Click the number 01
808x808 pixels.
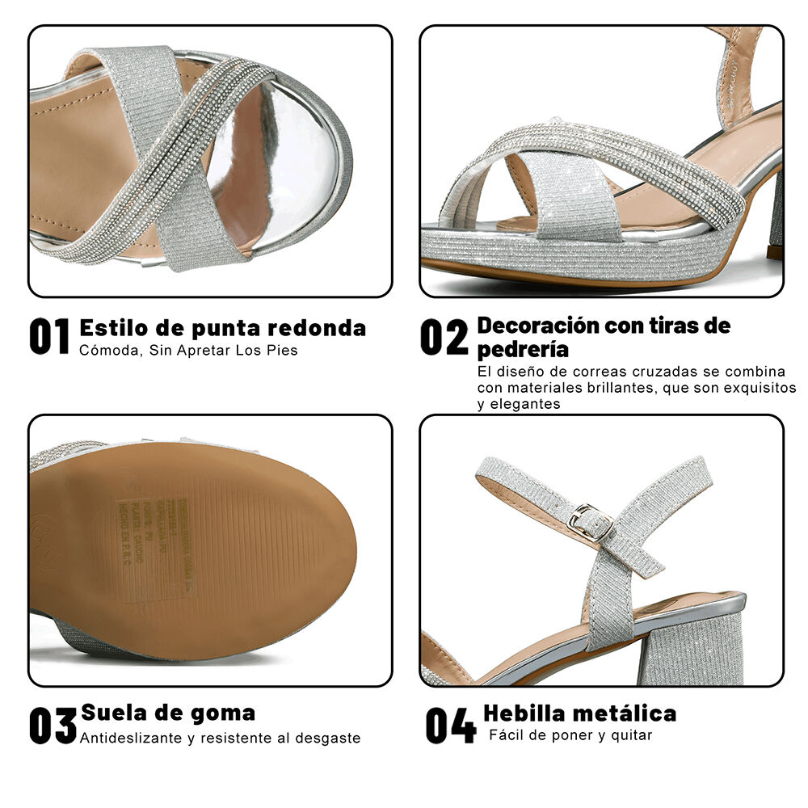(x=50, y=336)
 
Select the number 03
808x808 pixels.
(x=53, y=726)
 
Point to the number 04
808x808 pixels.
(x=451, y=726)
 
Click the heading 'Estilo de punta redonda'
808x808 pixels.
(x=222, y=328)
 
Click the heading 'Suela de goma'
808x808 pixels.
(x=168, y=713)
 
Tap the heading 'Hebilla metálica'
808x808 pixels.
(x=579, y=713)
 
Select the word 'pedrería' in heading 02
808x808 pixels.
(x=523, y=350)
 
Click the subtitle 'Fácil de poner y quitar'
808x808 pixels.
(x=570, y=735)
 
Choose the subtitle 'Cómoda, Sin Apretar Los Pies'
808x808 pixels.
(x=188, y=351)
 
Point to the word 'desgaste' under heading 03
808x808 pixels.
(x=330, y=739)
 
